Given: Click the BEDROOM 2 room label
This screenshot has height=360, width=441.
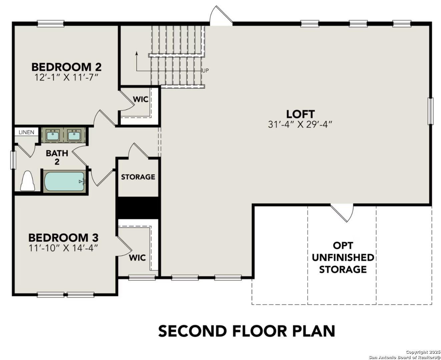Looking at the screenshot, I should pyautogui.click(x=66, y=67).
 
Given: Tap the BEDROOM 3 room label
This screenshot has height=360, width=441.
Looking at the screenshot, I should pyautogui.click(x=63, y=238).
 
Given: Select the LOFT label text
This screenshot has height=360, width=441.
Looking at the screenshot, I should pyautogui.click(x=301, y=114).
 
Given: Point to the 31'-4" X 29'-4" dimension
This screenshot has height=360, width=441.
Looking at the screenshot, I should pyautogui.click(x=301, y=124).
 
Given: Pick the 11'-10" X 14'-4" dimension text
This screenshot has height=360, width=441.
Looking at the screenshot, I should pyautogui.click(x=63, y=248).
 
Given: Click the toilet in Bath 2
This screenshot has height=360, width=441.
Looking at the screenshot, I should pyautogui.click(x=27, y=182).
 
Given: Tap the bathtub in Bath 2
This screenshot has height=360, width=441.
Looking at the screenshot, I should pyautogui.click(x=64, y=181).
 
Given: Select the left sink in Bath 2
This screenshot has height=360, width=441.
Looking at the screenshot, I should pyautogui.click(x=52, y=135).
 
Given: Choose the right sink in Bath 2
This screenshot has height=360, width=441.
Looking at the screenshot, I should pyautogui.click(x=74, y=135).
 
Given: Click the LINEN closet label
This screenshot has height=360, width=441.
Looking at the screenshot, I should pyautogui.click(x=26, y=132).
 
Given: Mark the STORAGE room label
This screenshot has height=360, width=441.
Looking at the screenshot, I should pyautogui.click(x=138, y=177).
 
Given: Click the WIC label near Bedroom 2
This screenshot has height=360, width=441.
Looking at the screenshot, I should pyautogui.click(x=140, y=99).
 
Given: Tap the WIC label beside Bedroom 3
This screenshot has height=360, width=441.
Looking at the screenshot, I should pyautogui.click(x=137, y=258).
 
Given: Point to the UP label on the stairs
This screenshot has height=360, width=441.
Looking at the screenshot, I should pyautogui.click(x=205, y=71).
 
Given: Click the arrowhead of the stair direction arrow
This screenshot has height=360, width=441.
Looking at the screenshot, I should pyautogui.click(x=136, y=53).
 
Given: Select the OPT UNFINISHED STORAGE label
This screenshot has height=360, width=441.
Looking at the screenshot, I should pyautogui.click(x=343, y=257).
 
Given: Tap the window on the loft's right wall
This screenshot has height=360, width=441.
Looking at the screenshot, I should pyautogui.click(x=431, y=111).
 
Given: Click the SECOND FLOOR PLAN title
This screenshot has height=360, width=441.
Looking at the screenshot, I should pyautogui.click(x=246, y=331).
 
